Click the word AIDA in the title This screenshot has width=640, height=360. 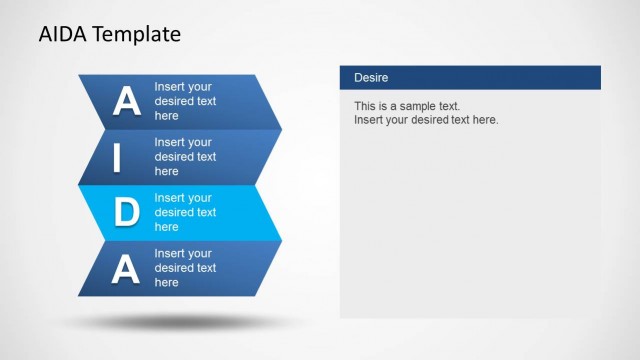tap(62, 34)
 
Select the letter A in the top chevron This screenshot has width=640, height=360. tap(126, 101)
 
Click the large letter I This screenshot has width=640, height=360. tap(118, 157)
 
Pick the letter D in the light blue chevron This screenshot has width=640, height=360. tap(126, 212)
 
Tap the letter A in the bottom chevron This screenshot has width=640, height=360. tap(125, 268)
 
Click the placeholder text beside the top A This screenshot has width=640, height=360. tap(185, 101)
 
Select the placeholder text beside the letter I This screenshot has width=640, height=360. tap(185, 157)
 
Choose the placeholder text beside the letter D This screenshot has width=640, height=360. tap(185, 212)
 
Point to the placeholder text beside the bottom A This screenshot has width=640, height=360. tap(185, 268)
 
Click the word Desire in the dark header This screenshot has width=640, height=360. tap(371, 77)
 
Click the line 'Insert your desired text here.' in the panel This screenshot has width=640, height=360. tap(426, 120)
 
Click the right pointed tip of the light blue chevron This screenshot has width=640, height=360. tap(280, 212)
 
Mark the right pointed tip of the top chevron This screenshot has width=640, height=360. tap(280, 101)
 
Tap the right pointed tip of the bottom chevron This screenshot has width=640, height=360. tap(280, 268)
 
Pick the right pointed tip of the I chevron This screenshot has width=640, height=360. tap(280, 157)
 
